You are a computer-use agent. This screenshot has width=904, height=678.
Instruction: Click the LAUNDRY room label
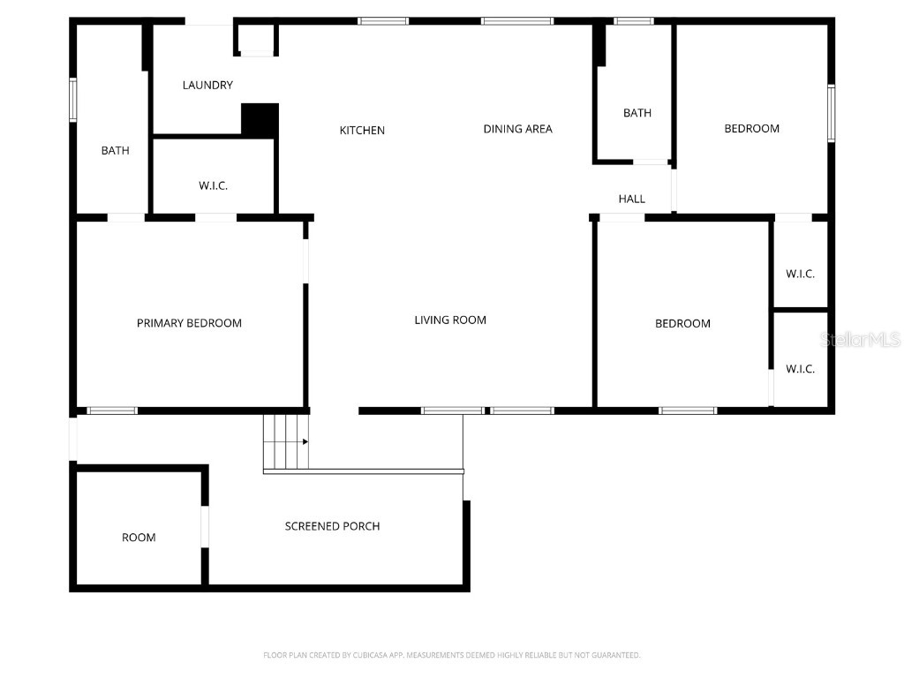coord(207,86)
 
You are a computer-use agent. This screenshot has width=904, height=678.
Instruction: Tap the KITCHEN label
coord(362,131)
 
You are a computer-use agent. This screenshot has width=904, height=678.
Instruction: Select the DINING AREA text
coord(517,129)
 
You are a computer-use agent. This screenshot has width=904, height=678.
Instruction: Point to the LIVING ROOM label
coord(450,320)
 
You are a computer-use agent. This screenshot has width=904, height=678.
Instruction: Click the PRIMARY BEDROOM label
coord(189,323)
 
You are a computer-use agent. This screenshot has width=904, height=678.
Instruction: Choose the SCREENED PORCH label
coord(332,526)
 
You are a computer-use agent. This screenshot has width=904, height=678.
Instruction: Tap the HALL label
coord(631,200)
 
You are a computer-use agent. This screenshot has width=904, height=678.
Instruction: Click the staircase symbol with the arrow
coord(286,441)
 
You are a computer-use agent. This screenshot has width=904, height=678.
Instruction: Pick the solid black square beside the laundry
coord(260,120)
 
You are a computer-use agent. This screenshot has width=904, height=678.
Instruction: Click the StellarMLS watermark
coord(860,340)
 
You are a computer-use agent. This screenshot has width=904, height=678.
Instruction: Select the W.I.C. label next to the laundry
coord(213,186)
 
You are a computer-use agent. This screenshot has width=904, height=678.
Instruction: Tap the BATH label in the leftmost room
coord(115,151)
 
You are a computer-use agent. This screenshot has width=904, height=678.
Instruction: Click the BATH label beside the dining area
coord(637,113)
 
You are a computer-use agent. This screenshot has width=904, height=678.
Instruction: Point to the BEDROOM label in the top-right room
coord(751,129)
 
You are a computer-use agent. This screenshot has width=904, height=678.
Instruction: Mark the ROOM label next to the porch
coord(139,538)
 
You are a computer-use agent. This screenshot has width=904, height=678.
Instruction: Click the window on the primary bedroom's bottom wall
coord(112,411)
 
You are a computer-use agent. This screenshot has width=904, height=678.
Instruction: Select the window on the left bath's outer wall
coord(73,100)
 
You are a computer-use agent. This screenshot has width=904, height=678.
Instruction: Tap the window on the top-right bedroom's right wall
coord(831,113)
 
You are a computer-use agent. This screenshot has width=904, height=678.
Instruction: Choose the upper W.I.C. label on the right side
coord(800,275)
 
